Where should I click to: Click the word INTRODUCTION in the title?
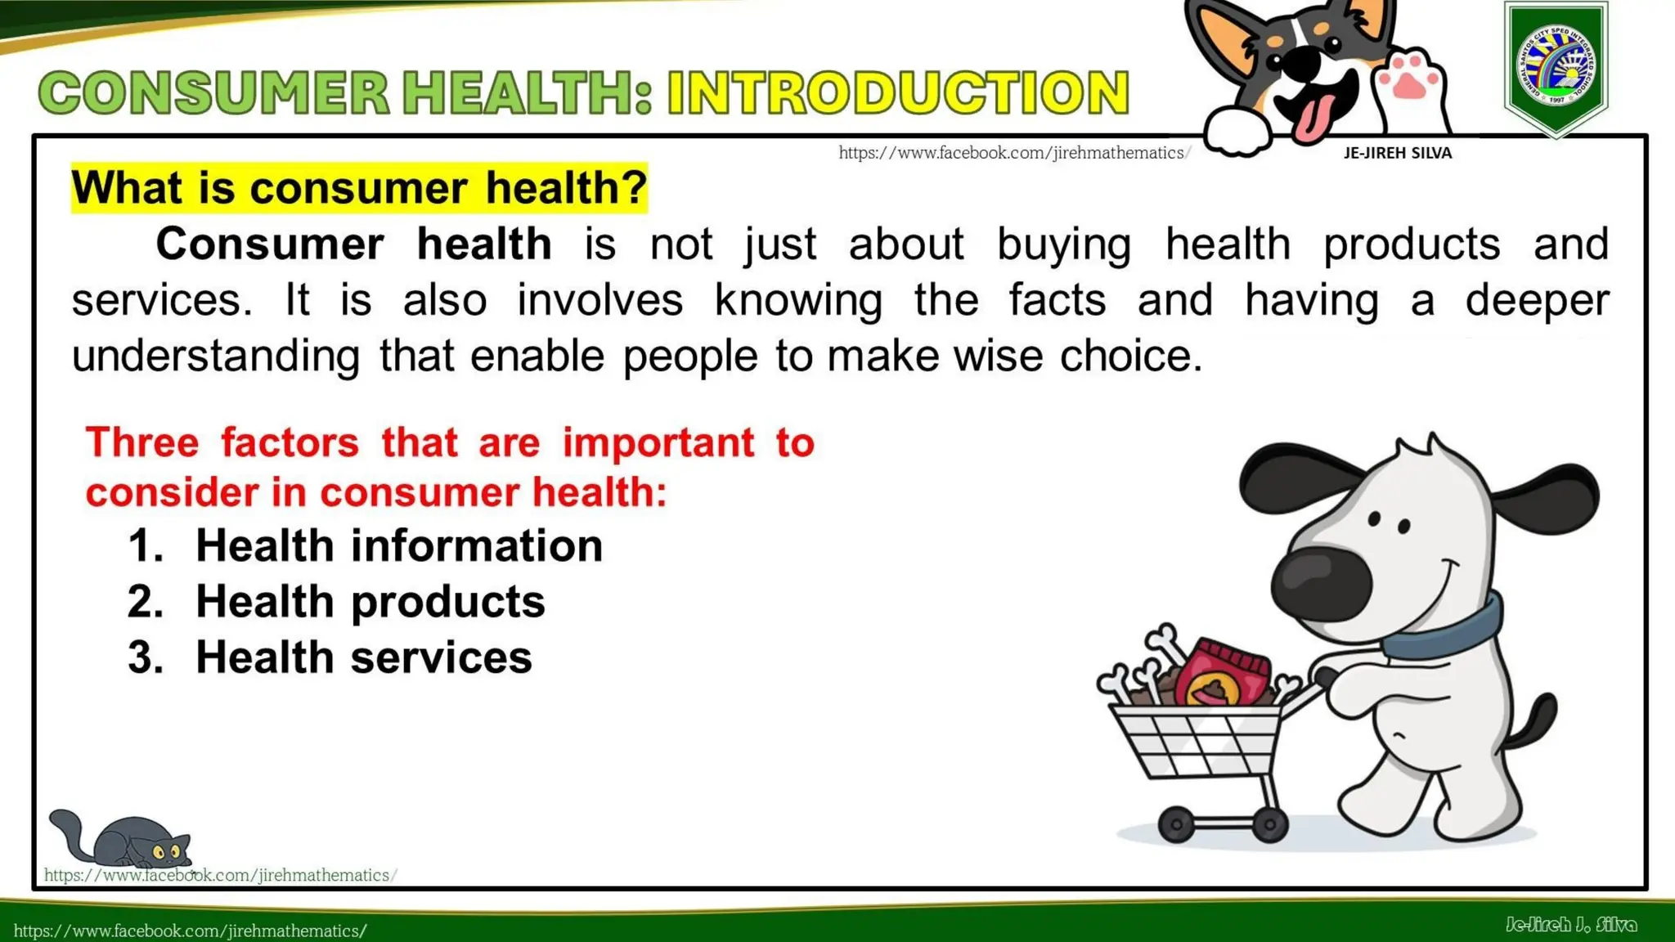point(898,92)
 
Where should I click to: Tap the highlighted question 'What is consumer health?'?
point(359,188)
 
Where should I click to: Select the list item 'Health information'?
point(398,545)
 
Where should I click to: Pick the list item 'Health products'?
point(370,602)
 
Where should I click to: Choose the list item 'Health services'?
point(363,657)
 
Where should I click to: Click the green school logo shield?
point(1556,67)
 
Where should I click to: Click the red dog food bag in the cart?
point(1224,675)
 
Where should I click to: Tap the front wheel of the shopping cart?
point(1176,824)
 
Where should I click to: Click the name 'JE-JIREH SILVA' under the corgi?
point(1397,153)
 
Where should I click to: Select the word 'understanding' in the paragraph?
point(216,357)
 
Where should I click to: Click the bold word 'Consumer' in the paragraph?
point(270,244)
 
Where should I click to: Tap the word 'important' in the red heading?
point(658,443)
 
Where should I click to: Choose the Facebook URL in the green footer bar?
point(191,931)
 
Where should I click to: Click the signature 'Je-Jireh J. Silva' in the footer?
point(1570,925)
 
